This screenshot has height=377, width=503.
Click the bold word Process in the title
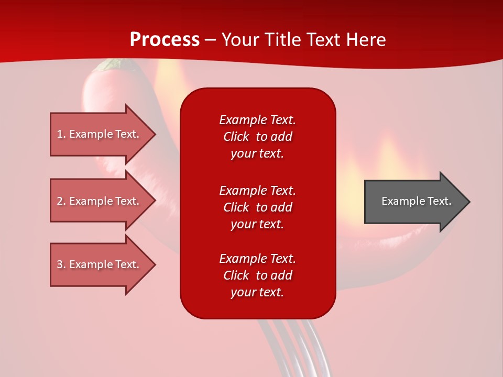click(x=165, y=40)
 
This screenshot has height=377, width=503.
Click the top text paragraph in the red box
click(x=257, y=137)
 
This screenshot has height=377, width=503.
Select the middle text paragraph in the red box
click(x=257, y=207)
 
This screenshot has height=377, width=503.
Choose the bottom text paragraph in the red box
click(x=257, y=275)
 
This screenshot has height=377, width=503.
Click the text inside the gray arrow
click(x=416, y=201)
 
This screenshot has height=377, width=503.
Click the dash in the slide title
click(x=211, y=40)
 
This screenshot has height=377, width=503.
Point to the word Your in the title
click(x=240, y=40)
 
